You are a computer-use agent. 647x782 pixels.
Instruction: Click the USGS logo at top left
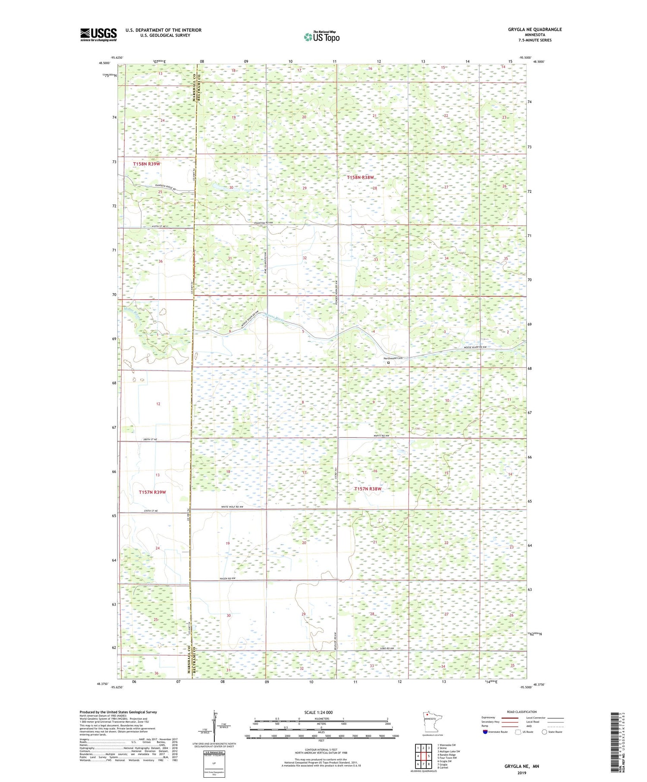click(98, 35)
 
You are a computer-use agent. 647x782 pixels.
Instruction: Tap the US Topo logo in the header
click(321, 37)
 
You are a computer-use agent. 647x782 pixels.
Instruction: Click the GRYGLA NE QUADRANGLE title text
click(535, 29)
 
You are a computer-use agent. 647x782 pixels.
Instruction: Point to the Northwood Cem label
click(393, 358)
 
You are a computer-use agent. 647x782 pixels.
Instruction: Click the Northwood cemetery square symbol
click(389, 363)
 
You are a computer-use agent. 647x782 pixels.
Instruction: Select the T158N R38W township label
click(361, 177)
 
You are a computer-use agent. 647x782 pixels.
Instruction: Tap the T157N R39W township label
click(152, 492)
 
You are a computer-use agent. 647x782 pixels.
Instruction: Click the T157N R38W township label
click(368, 489)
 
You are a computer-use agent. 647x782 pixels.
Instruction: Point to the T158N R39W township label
click(147, 164)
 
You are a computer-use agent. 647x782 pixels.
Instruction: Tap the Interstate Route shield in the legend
click(485, 732)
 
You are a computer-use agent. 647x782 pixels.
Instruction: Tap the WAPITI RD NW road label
click(381, 437)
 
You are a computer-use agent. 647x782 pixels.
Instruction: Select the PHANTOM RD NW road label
click(264, 223)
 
